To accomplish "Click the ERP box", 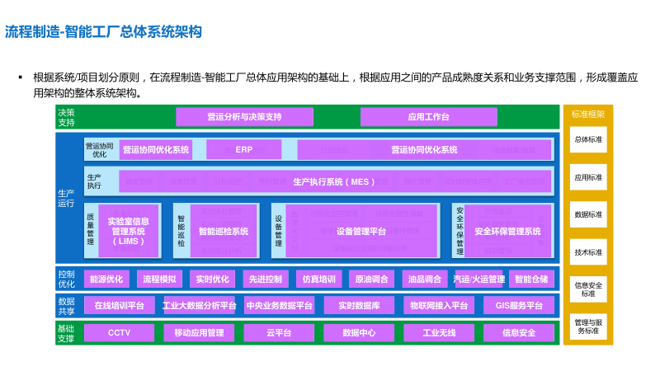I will (x=243, y=150).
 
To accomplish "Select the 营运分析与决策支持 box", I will (x=244, y=117).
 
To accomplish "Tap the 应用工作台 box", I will (x=428, y=117).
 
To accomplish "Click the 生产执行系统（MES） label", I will (x=334, y=181).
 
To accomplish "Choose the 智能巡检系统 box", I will (x=223, y=232).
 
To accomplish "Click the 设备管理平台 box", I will (x=361, y=232).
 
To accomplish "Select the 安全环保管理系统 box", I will (x=507, y=232).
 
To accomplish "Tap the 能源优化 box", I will (x=106, y=279).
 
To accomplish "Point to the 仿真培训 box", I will (x=318, y=279).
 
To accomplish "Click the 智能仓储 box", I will (x=530, y=279).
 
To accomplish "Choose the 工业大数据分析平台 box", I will (x=199, y=306).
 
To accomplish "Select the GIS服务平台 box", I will (x=519, y=306).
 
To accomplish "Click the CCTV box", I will (x=119, y=333).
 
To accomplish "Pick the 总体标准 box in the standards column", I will (x=588, y=140).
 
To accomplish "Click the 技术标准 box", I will (x=588, y=252).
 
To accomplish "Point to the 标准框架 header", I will (x=588, y=114).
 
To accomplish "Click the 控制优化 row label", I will (x=66, y=279).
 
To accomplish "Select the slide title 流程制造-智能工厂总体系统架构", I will (x=103, y=32).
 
